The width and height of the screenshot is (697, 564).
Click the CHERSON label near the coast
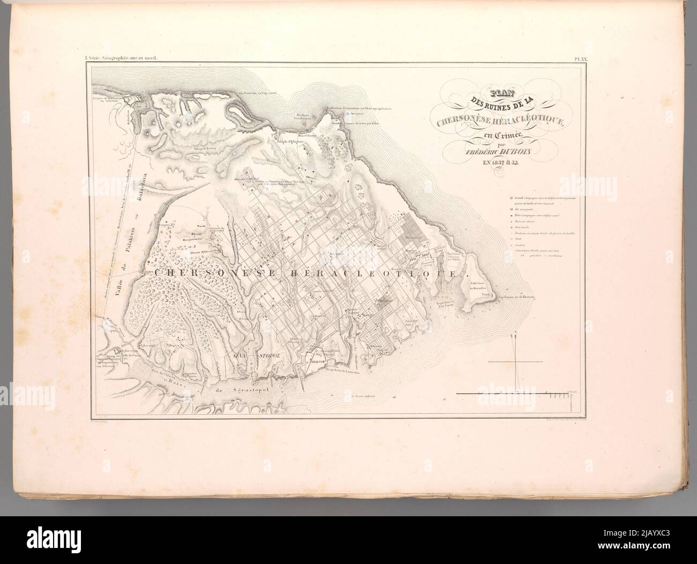[307, 362]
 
